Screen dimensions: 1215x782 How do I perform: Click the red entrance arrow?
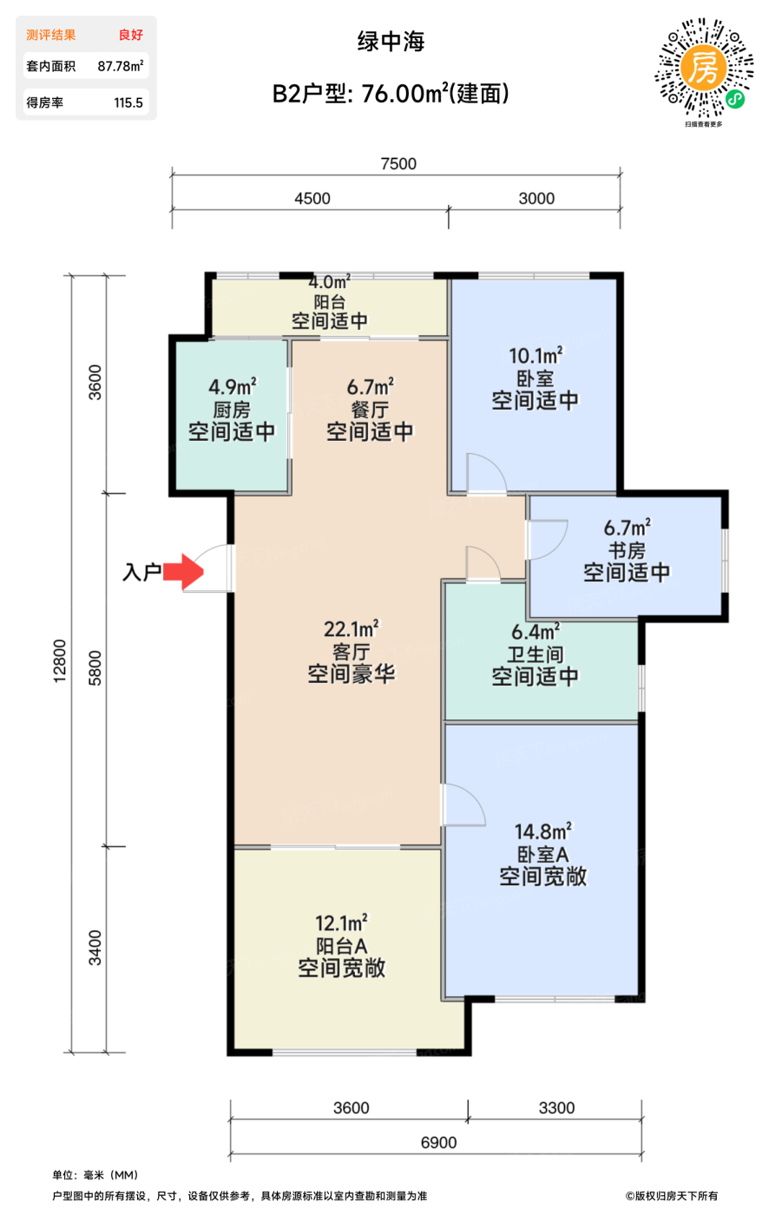(x=183, y=572)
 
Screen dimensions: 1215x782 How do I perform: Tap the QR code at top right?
(x=704, y=69)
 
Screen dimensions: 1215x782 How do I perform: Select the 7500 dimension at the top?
(x=398, y=164)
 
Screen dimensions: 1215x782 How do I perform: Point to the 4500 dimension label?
(x=312, y=199)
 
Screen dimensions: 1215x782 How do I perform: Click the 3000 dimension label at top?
(x=536, y=199)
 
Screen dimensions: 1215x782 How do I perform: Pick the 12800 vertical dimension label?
(x=60, y=661)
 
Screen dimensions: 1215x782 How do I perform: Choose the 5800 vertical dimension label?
(x=95, y=668)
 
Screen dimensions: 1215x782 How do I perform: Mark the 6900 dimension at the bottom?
(x=438, y=1143)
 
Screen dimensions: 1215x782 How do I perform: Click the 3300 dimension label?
(x=556, y=1108)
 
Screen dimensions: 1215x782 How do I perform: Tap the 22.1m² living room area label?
(x=351, y=628)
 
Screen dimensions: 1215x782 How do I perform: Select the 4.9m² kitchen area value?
(x=232, y=387)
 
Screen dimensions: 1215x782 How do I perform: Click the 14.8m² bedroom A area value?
(x=543, y=831)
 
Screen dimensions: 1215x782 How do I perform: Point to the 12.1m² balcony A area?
(x=341, y=923)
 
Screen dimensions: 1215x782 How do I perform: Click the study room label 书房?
(x=627, y=550)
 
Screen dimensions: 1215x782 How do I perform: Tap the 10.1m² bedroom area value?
(x=536, y=356)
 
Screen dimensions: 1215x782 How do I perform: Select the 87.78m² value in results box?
(x=121, y=66)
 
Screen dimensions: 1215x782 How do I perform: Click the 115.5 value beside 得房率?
(x=128, y=102)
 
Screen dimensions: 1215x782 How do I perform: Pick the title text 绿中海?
(x=391, y=42)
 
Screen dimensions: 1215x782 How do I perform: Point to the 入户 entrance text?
(x=142, y=572)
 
